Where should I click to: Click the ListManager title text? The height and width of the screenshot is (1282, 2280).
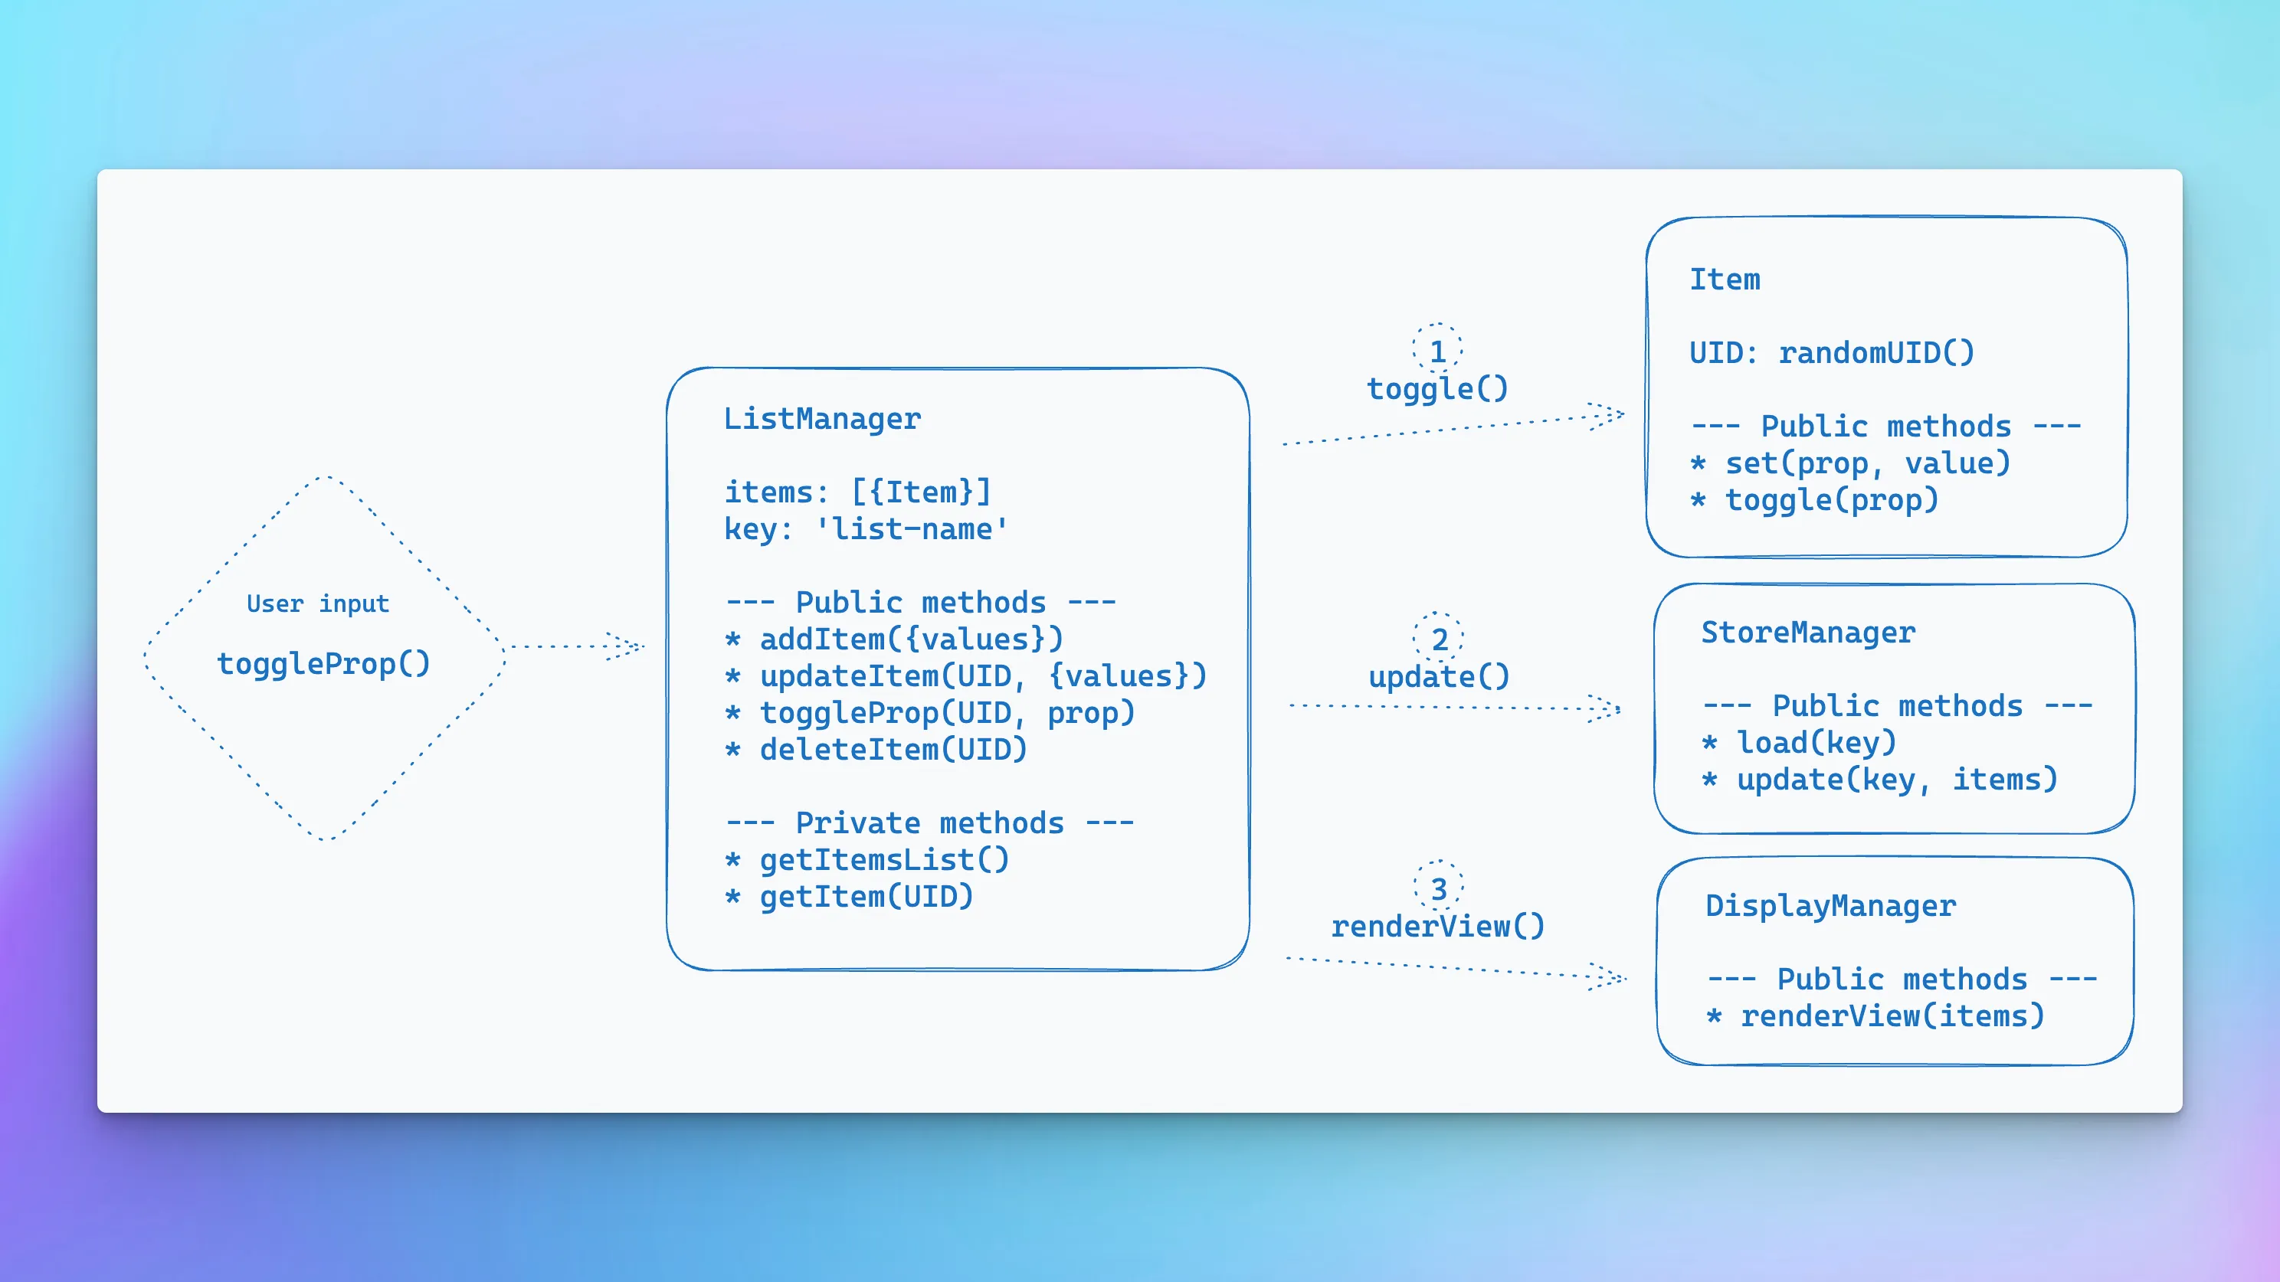[822, 418]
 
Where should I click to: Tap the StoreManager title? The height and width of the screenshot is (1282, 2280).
[1808, 633]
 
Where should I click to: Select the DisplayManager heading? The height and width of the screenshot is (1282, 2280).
[1830, 906]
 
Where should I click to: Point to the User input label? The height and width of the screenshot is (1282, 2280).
[318, 603]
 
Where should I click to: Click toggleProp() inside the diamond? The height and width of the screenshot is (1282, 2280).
[324, 663]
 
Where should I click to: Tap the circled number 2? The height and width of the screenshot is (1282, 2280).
[1439, 639]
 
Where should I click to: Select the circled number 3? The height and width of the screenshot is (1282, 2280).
[1439, 888]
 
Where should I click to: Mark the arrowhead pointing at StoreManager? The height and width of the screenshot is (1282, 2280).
[1606, 708]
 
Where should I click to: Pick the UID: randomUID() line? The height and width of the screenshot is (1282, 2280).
[1831, 353]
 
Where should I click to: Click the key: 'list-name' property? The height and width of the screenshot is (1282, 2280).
[866, 529]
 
